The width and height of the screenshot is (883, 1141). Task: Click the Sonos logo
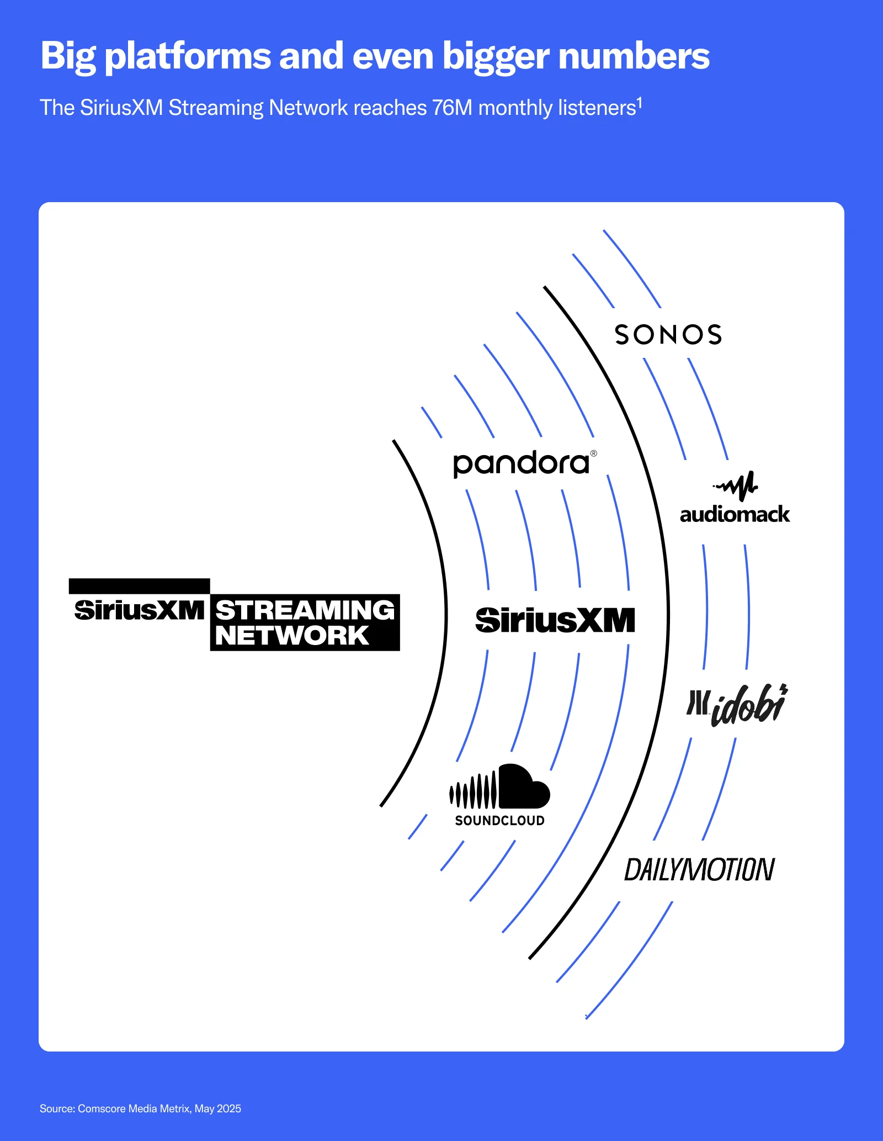click(x=668, y=335)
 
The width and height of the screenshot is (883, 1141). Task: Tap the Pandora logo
click(x=521, y=464)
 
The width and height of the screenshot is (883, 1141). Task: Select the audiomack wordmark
click(x=735, y=515)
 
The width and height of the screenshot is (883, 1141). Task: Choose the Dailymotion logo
click(x=699, y=870)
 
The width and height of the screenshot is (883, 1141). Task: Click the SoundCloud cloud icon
click(x=500, y=787)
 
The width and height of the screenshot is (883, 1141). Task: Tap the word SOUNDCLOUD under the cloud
click(x=499, y=821)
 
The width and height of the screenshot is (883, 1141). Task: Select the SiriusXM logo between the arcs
click(x=555, y=620)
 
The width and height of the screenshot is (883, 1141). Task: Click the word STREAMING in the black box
click(x=305, y=610)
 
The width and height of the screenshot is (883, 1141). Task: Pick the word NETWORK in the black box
click(x=292, y=636)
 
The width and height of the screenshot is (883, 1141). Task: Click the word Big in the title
click(x=68, y=56)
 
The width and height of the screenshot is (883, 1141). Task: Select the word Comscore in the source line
click(x=102, y=1108)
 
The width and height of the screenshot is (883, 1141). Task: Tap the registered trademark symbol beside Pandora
click(x=594, y=453)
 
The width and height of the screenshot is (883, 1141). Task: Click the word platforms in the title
click(x=188, y=56)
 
